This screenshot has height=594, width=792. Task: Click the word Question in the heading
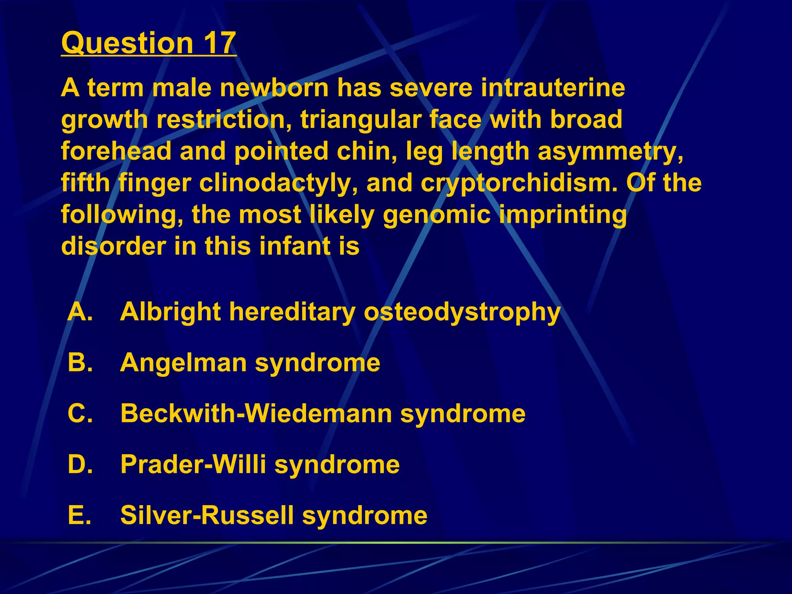tap(127, 43)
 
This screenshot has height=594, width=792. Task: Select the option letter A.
tap(80, 311)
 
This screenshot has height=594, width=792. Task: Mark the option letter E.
tap(80, 515)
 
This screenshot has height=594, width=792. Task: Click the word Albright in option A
tap(171, 311)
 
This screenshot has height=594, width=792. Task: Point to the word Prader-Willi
tap(193, 464)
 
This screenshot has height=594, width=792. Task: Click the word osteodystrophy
tap(462, 312)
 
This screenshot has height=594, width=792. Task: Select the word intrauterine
tap(553, 88)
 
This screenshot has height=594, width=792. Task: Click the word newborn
tap(274, 88)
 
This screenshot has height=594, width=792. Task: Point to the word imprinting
tap(563, 215)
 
